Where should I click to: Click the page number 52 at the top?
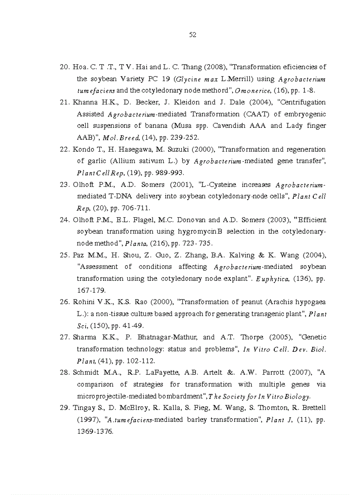point(192,35)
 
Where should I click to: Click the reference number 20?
point(64,67)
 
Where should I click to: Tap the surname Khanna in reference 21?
point(85,102)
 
